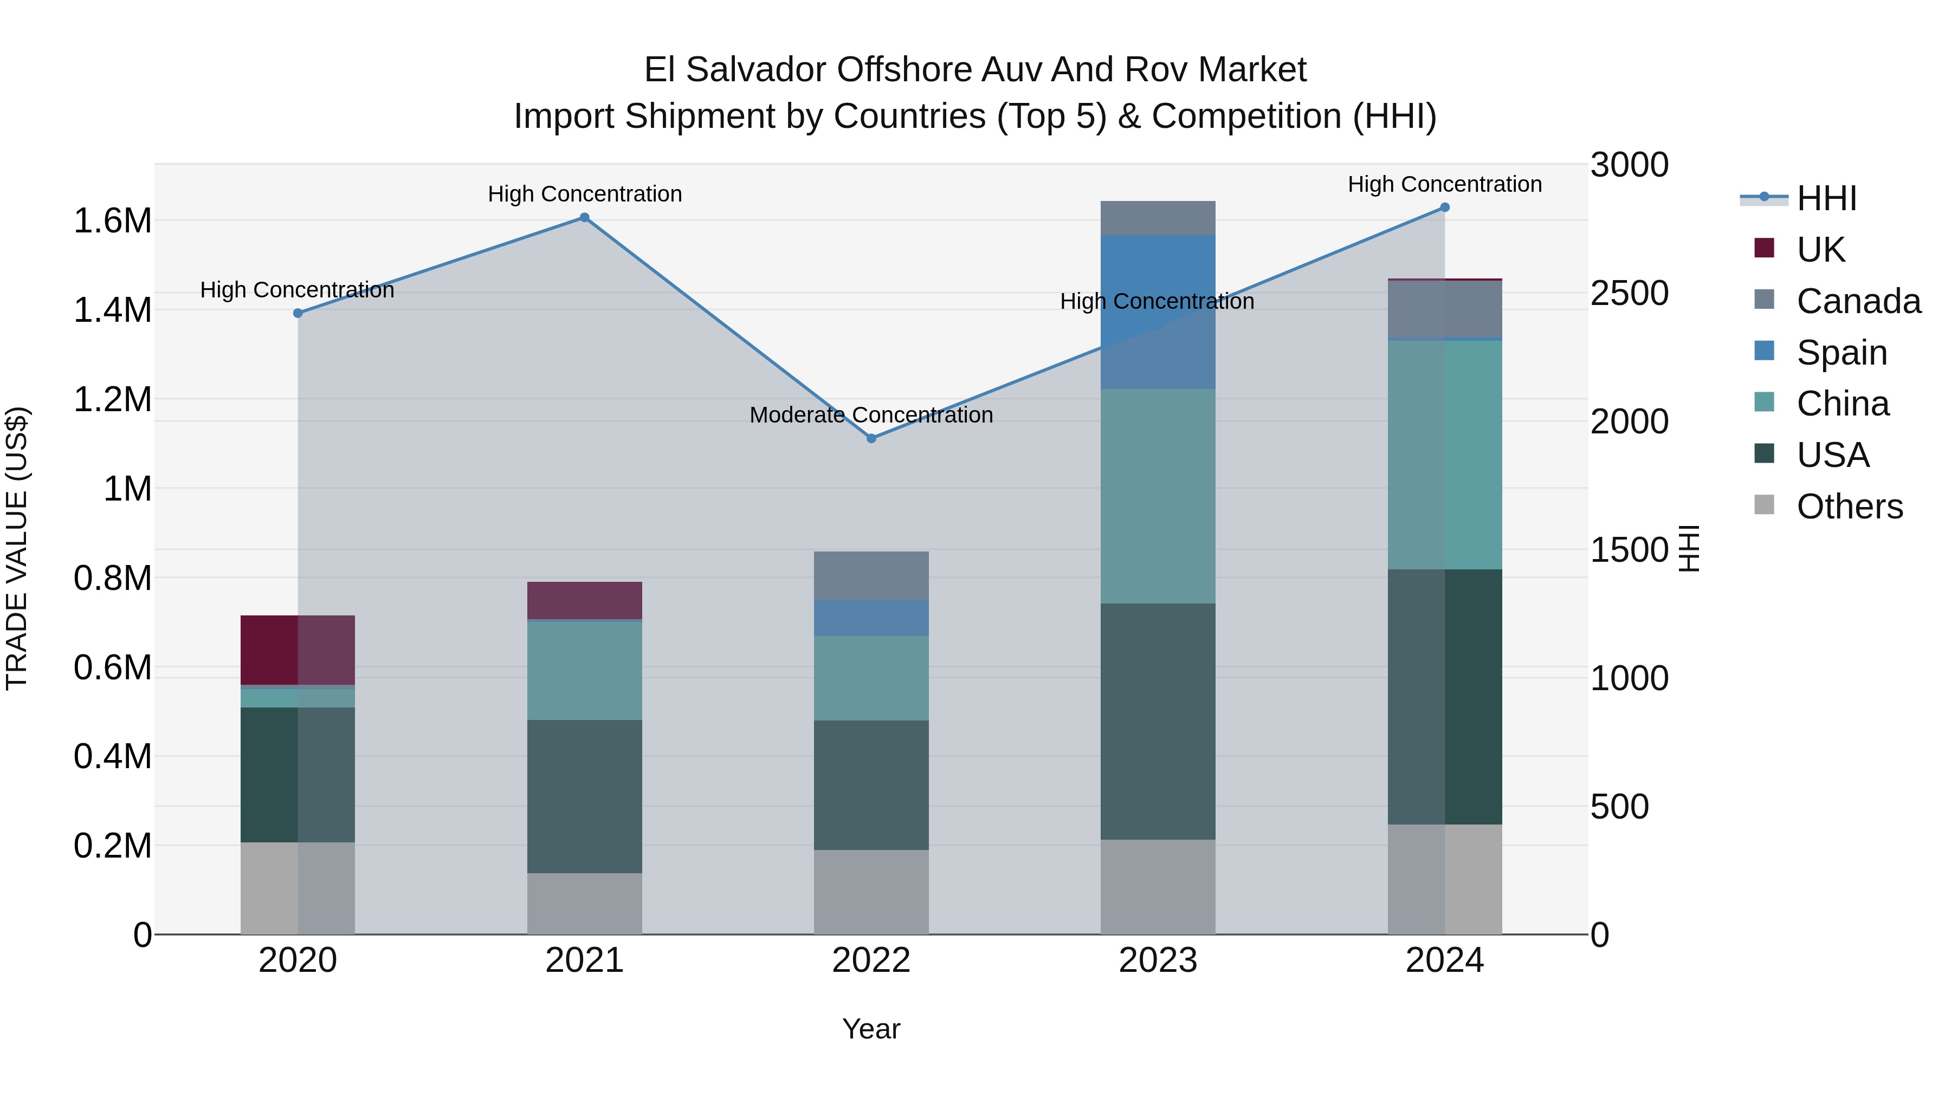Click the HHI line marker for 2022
(871, 438)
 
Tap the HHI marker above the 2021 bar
(584, 217)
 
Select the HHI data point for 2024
(1444, 207)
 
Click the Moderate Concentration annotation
(871, 415)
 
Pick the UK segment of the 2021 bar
(584, 600)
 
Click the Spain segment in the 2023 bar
(1157, 312)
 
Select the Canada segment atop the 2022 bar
(871, 575)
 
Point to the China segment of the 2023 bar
(1157, 496)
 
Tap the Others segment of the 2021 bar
(584, 903)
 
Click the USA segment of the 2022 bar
(871, 784)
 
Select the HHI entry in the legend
(1825, 198)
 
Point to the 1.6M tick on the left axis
(113, 221)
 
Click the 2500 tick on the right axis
(1629, 293)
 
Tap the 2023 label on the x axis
(1157, 960)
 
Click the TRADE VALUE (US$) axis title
(17, 548)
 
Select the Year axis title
(871, 1029)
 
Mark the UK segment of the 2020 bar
(297, 650)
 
